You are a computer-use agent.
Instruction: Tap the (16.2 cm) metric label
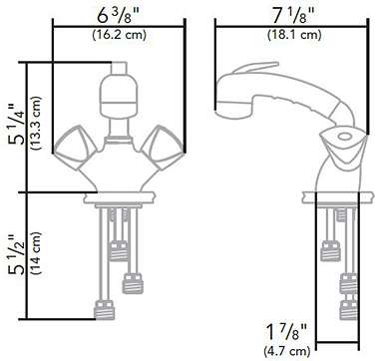120,36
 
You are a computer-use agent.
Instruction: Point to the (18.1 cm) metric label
294,35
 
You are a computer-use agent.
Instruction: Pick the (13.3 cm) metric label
36,124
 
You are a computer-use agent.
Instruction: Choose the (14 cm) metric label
36,253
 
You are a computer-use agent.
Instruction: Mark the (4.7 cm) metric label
286,351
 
